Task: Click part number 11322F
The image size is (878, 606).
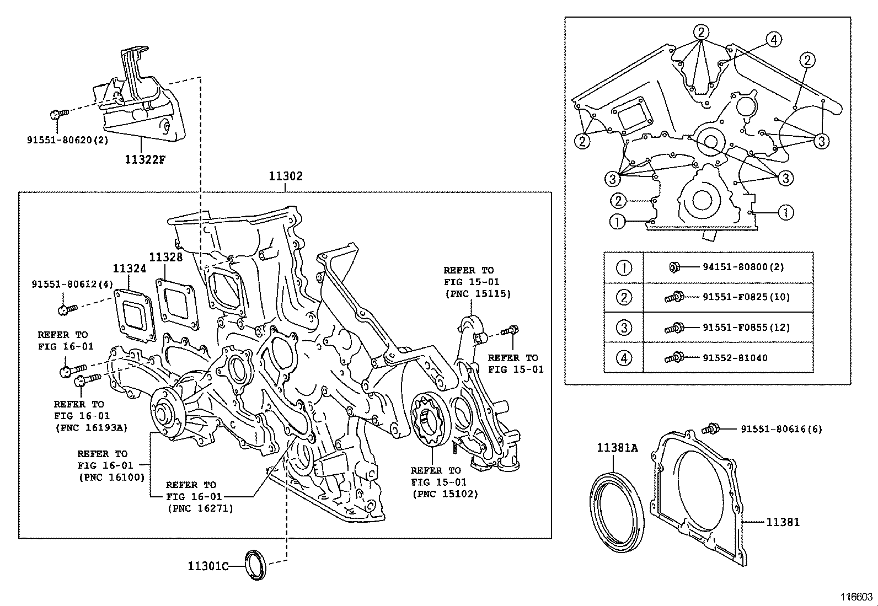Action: pos(145,160)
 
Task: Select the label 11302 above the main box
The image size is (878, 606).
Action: pos(286,176)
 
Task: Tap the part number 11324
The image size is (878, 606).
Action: pos(130,269)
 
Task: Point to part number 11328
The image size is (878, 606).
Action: pos(165,257)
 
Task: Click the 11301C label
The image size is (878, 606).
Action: pos(208,566)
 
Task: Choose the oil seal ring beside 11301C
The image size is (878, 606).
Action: pos(255,565)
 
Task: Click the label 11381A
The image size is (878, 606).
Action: pos(617,448)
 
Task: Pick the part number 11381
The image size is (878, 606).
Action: pos(783,522)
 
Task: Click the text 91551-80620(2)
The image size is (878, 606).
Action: pos(68,140)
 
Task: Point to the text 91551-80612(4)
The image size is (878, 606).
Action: pos(72,285)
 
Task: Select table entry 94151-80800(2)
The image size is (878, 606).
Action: pos(743,267)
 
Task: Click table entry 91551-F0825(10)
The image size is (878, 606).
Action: pos(746,297)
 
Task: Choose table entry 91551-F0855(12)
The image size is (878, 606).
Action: pos(746,328)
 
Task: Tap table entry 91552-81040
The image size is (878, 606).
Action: pos(735,358)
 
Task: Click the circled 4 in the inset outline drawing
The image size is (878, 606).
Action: pos(774,39)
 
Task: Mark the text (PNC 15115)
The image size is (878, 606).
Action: pos(478,294)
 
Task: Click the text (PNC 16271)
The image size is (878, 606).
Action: pos(200,508)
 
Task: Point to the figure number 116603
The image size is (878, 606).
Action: pos(856,597)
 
